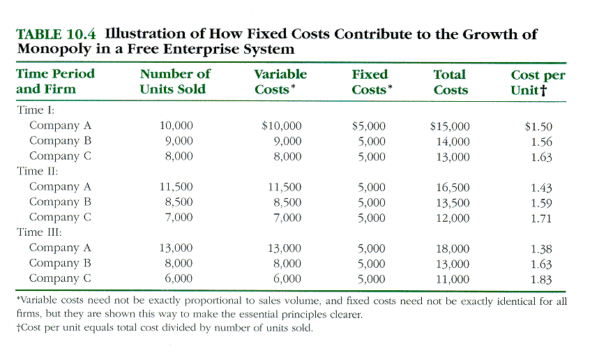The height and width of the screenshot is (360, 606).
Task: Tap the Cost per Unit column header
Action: coord(538,82)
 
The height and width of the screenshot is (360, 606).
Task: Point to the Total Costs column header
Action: coord(450,82)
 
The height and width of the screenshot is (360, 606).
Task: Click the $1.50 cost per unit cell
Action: coord(538,126)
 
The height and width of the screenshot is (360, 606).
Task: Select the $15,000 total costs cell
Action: coord(450,126)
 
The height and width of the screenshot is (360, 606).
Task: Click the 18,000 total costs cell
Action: coord(453,248)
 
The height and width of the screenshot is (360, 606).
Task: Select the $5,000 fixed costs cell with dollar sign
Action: coord(368,126)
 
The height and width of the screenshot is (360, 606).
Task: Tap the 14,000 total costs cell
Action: coord(453,142)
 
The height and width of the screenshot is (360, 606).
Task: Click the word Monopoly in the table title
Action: coord(48,50)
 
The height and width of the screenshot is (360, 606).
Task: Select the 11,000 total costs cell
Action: coord(453,278)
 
